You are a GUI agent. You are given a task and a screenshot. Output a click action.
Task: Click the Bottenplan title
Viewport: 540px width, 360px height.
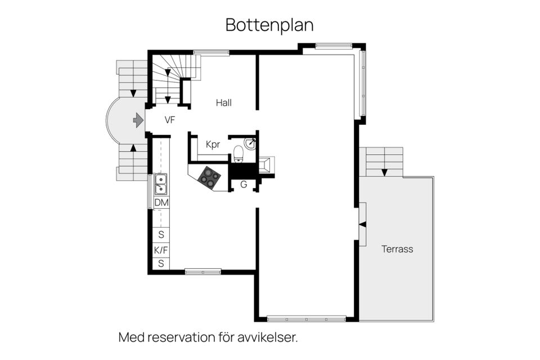tap(269, 25)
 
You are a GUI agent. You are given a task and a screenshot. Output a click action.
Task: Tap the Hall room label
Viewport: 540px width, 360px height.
tap(224, 103)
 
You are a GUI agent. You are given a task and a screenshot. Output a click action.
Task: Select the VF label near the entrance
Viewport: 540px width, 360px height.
tap(170, 120)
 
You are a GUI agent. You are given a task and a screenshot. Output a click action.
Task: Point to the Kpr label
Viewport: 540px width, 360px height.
tap(213, 145)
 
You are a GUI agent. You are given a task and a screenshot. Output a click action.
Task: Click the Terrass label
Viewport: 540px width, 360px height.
tap(397, 249)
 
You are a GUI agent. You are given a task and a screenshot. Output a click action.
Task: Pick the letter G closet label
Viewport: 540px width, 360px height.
tap(244, 184)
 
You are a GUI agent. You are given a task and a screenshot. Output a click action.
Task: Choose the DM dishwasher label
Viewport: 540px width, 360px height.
tap(161, 202)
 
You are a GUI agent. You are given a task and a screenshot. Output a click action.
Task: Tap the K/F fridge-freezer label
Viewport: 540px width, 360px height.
tap(161, 250)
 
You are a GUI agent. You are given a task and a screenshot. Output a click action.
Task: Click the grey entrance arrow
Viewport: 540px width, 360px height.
tap(137, 120)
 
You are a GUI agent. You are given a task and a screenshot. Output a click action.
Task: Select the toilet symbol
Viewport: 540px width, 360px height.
tap(238, 152)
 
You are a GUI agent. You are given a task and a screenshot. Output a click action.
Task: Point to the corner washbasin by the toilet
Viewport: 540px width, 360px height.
tap(251, 143)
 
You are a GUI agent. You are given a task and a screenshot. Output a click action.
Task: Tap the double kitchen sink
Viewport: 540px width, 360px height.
tap(161, 183)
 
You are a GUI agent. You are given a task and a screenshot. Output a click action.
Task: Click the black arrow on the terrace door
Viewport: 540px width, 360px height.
tap(362, 224)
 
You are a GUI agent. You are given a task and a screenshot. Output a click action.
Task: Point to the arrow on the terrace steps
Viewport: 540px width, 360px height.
tap(384, 172)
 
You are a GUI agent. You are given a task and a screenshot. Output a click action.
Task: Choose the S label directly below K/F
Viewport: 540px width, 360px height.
tap(161, 263)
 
